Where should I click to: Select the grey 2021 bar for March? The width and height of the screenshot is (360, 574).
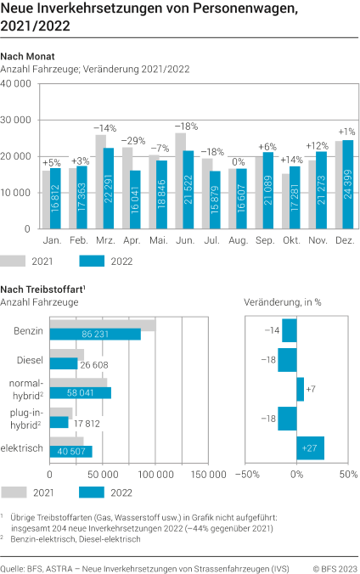coord(101,182)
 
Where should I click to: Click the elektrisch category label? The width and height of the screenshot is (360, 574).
coord(24,448)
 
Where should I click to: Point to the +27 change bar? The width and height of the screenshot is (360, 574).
coord(311,448)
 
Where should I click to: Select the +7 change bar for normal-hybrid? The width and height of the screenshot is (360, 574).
coord(301,389)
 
